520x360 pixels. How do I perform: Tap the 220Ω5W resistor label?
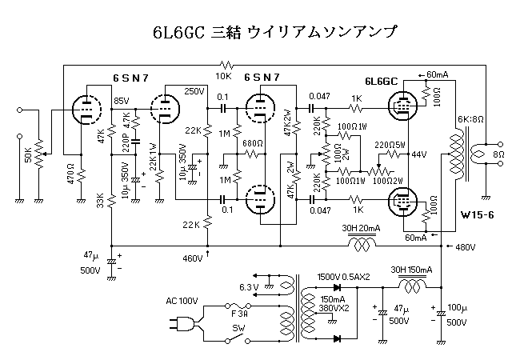(x=390, y=144)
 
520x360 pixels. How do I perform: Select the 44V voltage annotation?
(x=419, y=154)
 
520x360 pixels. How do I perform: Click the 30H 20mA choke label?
(x=360, y=228)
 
